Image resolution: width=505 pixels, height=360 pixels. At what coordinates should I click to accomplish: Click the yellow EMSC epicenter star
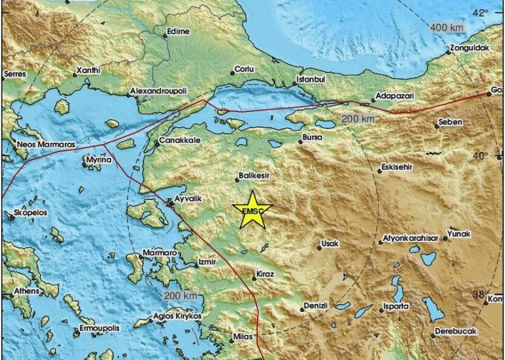point(252,210)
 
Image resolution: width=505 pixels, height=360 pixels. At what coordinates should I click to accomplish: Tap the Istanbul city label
point(312,78)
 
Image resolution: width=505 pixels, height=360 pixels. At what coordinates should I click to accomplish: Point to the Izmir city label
point(207,263)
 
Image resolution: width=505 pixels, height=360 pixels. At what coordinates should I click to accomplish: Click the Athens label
point(26,291)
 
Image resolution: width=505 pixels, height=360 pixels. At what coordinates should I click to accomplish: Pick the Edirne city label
point(178,31)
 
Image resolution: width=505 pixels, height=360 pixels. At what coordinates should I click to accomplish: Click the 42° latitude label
point(481,12)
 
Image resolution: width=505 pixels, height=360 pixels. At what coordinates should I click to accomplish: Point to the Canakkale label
point(177,141)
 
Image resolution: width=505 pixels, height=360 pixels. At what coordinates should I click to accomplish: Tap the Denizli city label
point(320,306)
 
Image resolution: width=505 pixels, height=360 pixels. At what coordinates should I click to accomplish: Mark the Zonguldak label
point(470,48)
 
